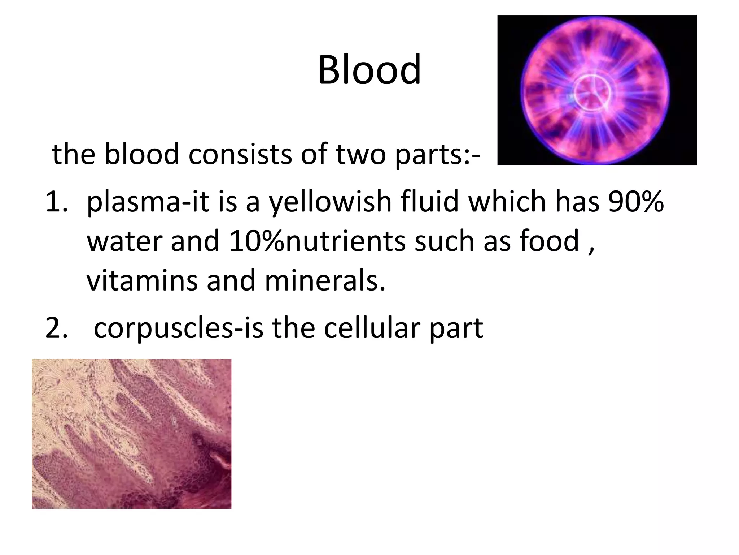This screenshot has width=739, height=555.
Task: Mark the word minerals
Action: click(325, 281)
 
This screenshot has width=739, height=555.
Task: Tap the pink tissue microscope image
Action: click(131, 434)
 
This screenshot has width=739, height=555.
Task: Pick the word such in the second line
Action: click(444, 241)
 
